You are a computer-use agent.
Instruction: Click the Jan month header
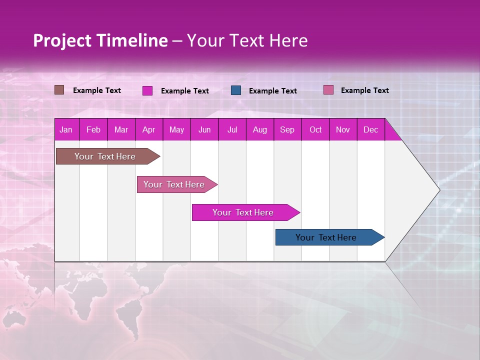(66, 130)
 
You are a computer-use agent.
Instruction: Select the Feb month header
(93, 130)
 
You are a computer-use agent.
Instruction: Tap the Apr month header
(148, 130)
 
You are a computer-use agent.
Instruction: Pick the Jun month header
(204, 130)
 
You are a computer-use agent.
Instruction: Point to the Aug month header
(259, 130)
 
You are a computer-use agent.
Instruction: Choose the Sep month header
(287, 130)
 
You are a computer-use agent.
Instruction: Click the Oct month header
(315, 130)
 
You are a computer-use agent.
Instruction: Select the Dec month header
(370, 130)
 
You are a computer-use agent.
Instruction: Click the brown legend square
(59, 90)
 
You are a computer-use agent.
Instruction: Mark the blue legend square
(236, 90)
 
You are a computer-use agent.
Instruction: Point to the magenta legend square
(147, 90)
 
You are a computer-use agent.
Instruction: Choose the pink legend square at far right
(328, 90)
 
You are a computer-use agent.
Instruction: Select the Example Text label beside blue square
(272, 91)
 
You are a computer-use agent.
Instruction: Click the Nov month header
(343, 130)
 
